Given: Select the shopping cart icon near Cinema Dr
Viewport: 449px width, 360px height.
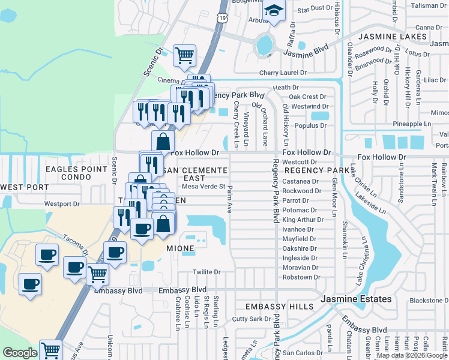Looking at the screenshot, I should (185, 56).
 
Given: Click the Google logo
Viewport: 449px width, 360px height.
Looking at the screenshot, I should (20, 353).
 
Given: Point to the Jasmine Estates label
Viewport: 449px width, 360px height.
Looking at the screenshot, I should (356, 299).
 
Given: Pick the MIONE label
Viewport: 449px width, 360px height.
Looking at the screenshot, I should (180, 248).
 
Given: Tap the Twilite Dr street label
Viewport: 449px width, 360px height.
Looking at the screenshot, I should (207, 272).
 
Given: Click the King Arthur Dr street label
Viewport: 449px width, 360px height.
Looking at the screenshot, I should (303, 220).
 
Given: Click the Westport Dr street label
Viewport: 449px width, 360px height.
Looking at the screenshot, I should (62, 204).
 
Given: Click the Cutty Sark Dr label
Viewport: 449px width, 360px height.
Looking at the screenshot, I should (249, 319).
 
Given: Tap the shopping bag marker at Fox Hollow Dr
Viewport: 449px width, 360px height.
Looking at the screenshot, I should (163, 142).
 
